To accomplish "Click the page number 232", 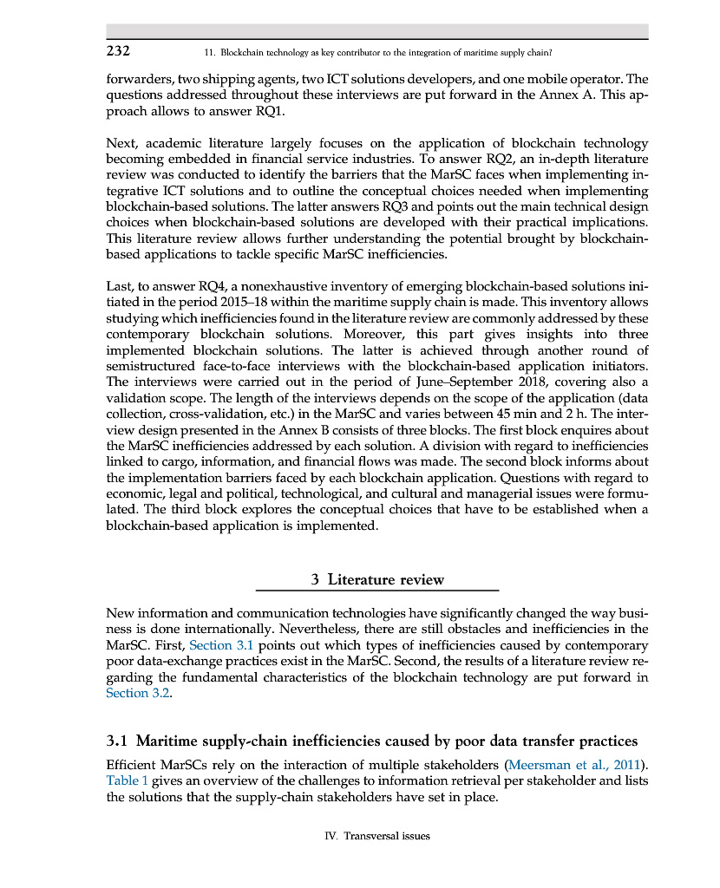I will point(118,50).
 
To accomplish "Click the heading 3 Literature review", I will point(377,579).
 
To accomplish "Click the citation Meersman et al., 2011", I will point(573,764).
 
